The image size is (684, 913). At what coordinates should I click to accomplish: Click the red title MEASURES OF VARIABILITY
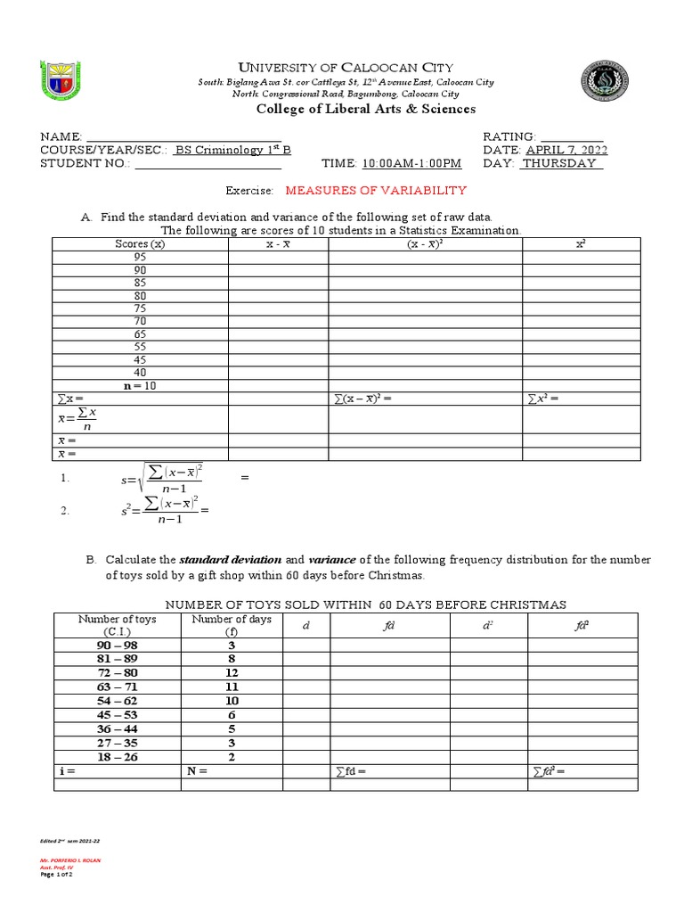(x=376, y=191)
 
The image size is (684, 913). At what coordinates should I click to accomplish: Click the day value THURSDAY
(x=562, y=163)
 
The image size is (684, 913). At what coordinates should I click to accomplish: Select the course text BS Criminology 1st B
(x=232, y=150)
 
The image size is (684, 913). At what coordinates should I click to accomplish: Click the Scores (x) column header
(x=140, y=243)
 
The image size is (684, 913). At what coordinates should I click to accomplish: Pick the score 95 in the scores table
(x=140, y=257)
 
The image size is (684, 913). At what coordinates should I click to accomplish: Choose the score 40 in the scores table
(x=140, y=373)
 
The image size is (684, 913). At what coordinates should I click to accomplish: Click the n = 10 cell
(x=140, y=385)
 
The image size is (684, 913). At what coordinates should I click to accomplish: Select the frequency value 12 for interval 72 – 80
(x=232, y=671)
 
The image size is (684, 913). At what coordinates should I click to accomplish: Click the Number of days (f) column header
(x=232, y=625)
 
